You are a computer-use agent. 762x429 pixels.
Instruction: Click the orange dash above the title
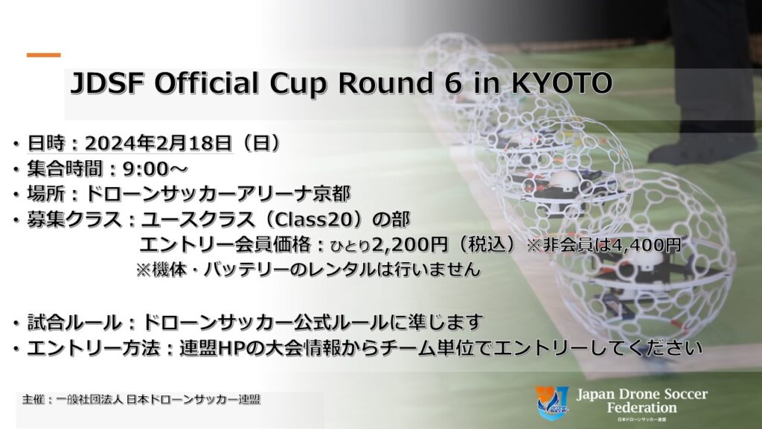(x=44, y=55)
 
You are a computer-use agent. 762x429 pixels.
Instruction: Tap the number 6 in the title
(x=444, y=84)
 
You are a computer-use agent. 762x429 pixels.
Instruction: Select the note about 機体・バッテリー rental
(x=307, y=269)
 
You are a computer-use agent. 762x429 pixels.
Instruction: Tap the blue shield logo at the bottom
(x=553, y=403)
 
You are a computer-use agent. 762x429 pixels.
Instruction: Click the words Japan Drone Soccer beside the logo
(x=641, y=395)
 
